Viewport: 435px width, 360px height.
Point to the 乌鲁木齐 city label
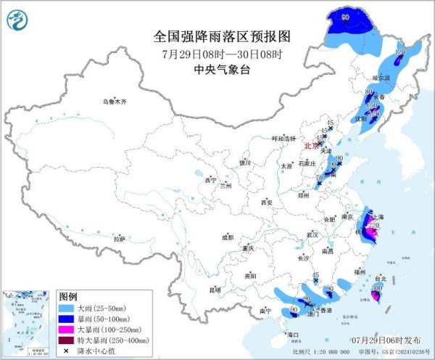(x=114, y=102)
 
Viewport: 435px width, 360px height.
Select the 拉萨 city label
(x=120, y=238)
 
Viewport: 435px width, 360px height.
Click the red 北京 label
(x=310, y=144)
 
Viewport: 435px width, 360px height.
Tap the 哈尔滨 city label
(x=381, y=77)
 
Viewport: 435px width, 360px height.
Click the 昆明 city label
(x=214, y=290)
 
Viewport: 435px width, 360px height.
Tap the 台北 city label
(x=379, y=277)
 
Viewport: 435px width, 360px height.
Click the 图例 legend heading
(x=68, y=297)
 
